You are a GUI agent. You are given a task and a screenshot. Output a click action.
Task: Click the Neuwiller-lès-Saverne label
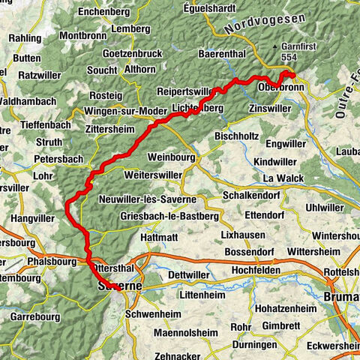click(147, 200)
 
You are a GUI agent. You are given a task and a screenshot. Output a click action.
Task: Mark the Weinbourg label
click(172, 158)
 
